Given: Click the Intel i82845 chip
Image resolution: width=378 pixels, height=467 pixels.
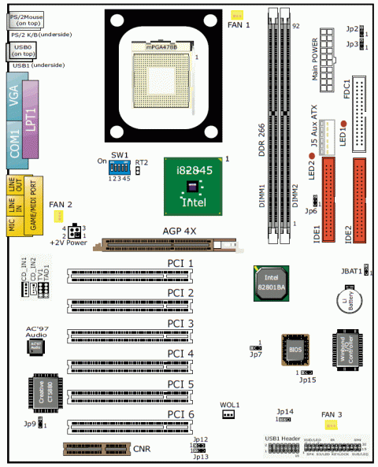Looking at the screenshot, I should click(x=192, y=186).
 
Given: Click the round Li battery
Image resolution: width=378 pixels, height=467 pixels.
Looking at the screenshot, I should click(x=350, y=300).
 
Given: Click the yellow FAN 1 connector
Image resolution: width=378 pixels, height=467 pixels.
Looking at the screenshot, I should click(x=236, y=16).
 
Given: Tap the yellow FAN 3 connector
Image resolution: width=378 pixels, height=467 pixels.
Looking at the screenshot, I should click(x=321, y=425).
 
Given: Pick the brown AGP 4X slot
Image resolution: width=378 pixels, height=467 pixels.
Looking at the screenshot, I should click(x=165, y=246).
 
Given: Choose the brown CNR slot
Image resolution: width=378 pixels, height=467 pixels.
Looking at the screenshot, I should click(x=94, y=450).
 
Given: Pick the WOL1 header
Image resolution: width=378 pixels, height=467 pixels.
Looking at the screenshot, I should click(x=229, y=414).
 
